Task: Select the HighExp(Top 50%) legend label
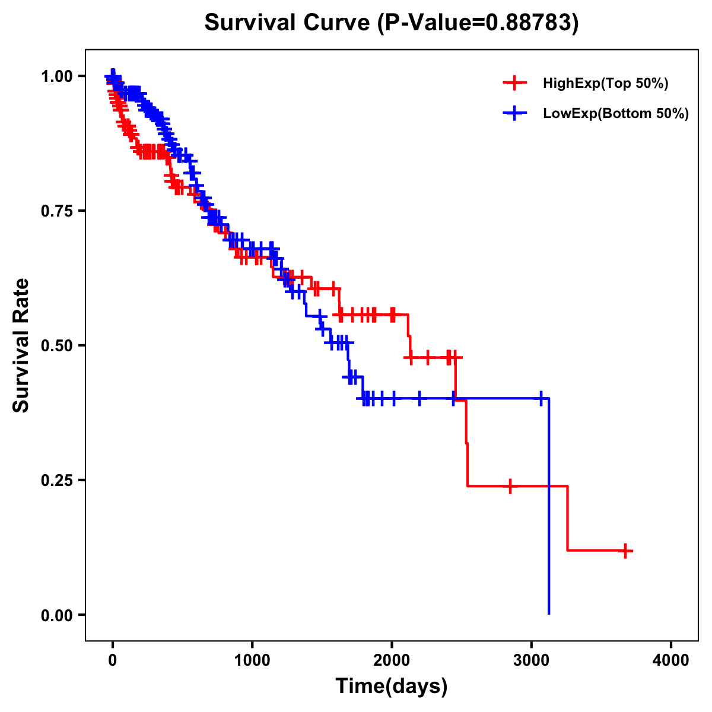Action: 605,84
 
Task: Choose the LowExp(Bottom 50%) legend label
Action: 615,113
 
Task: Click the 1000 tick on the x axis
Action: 252,660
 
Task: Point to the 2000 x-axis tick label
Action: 392,660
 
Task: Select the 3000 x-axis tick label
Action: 532,660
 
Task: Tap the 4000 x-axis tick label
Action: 671,660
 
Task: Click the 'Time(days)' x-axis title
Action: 392,686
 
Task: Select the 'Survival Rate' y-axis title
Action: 22,345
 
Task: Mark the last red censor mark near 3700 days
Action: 625,551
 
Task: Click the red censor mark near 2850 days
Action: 510,486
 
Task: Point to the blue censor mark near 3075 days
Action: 541,398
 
